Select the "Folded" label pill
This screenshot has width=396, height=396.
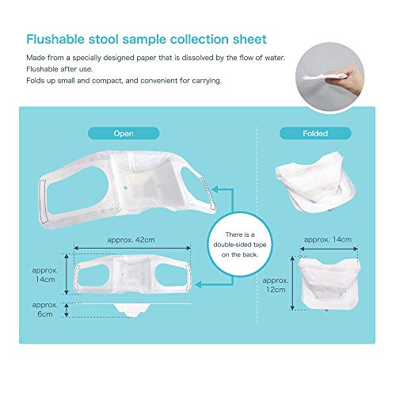tap(314, 133)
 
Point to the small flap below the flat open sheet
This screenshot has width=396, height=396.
tap(135, 307)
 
